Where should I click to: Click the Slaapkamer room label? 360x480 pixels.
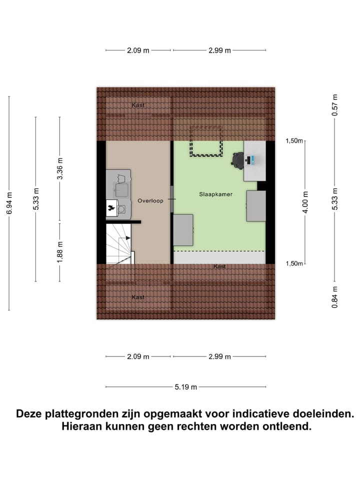(216, 194)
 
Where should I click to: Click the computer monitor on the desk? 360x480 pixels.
(251, 159)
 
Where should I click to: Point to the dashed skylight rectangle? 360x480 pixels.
(205, 141)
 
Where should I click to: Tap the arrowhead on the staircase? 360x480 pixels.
(128, 238)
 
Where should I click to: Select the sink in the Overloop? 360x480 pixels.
(120, 188)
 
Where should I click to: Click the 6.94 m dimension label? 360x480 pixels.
(8, 203)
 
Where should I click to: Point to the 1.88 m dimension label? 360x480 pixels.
(59, 251)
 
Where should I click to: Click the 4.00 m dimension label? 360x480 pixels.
(306, 202)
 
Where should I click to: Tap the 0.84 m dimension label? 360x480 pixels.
(335, 296)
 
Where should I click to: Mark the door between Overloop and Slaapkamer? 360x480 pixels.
(171, 199)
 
